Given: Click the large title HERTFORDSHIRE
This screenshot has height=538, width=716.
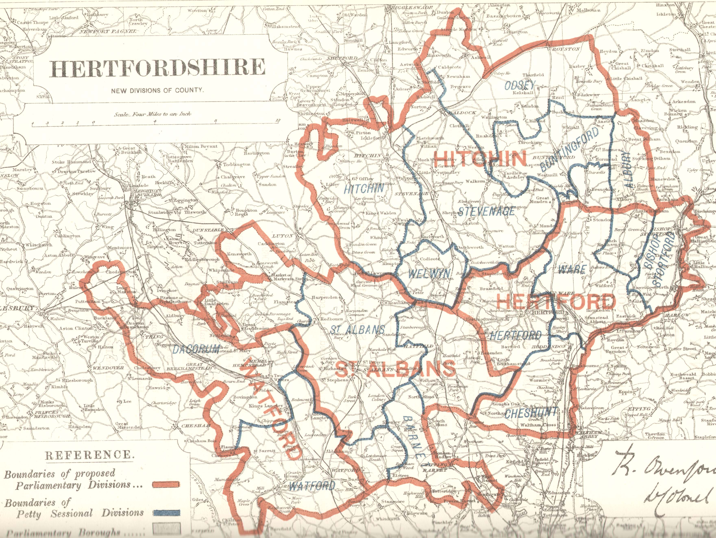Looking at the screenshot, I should (x=157, y=68).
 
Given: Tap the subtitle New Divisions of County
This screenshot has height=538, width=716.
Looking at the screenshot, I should (x=157, y=90).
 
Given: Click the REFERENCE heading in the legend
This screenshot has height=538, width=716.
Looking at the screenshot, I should (x=89, y=455).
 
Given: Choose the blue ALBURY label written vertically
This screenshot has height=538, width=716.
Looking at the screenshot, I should (x=628, y=170).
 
